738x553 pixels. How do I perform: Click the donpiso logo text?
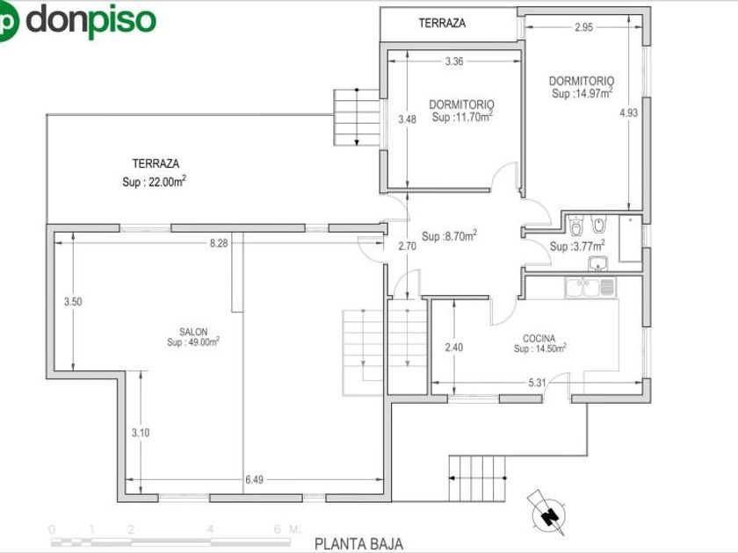(x=90, y=20)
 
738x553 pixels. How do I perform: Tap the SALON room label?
(x=193, y=332)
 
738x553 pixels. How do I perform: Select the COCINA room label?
(x=539, y=338)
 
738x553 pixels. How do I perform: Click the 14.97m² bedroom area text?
(x=582, y=93)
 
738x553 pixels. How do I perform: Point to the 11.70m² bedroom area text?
(x=462, y=117)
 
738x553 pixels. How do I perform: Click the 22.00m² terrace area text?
(x=154, y=182)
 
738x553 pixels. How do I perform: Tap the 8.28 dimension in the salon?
(x=219, y=243)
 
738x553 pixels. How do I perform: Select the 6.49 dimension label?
(x=254, y=479)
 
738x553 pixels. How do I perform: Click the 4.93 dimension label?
(x=629, y=113)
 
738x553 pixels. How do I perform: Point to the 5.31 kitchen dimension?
(x=537, y=383)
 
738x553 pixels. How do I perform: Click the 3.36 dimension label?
(x=454, y=61)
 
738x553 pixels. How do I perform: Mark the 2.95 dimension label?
(x=583, y=27)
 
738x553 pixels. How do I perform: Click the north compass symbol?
(x=548, y=513)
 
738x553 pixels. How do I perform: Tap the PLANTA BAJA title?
(x=358, y=544)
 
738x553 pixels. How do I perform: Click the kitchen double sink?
(x=590, y=287)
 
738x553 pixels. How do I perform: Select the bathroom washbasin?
(x=598, y=263)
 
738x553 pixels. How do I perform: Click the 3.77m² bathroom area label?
(x=577, y=246)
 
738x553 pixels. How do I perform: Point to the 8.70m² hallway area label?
(x=450, y=236)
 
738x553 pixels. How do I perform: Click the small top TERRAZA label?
(x=442, y=23)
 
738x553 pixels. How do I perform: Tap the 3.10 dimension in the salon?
(x=141, y=433)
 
